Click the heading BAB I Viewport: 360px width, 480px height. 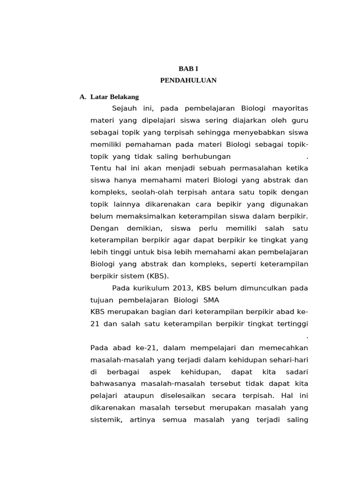188,68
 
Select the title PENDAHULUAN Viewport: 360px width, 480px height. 188,80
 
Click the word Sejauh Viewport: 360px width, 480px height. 124,109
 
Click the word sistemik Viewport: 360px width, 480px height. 106,420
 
